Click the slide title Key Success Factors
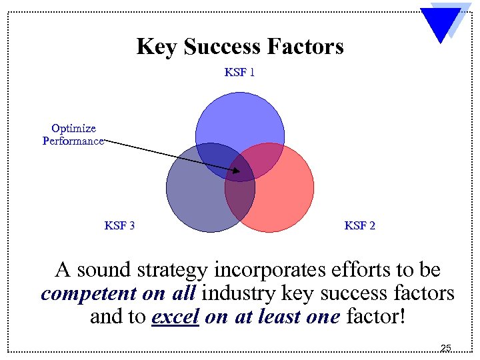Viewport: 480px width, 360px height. [240, 47]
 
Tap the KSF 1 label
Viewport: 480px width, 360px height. [239, 72]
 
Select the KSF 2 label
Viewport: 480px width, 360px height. [359, 225]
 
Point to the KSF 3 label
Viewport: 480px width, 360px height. [120, 225]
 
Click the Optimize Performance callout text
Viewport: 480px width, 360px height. [73, 135]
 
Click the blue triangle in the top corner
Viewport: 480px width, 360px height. [440, 23]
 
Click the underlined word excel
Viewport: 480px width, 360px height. [176, 317]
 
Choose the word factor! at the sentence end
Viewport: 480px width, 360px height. [375, 317]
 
